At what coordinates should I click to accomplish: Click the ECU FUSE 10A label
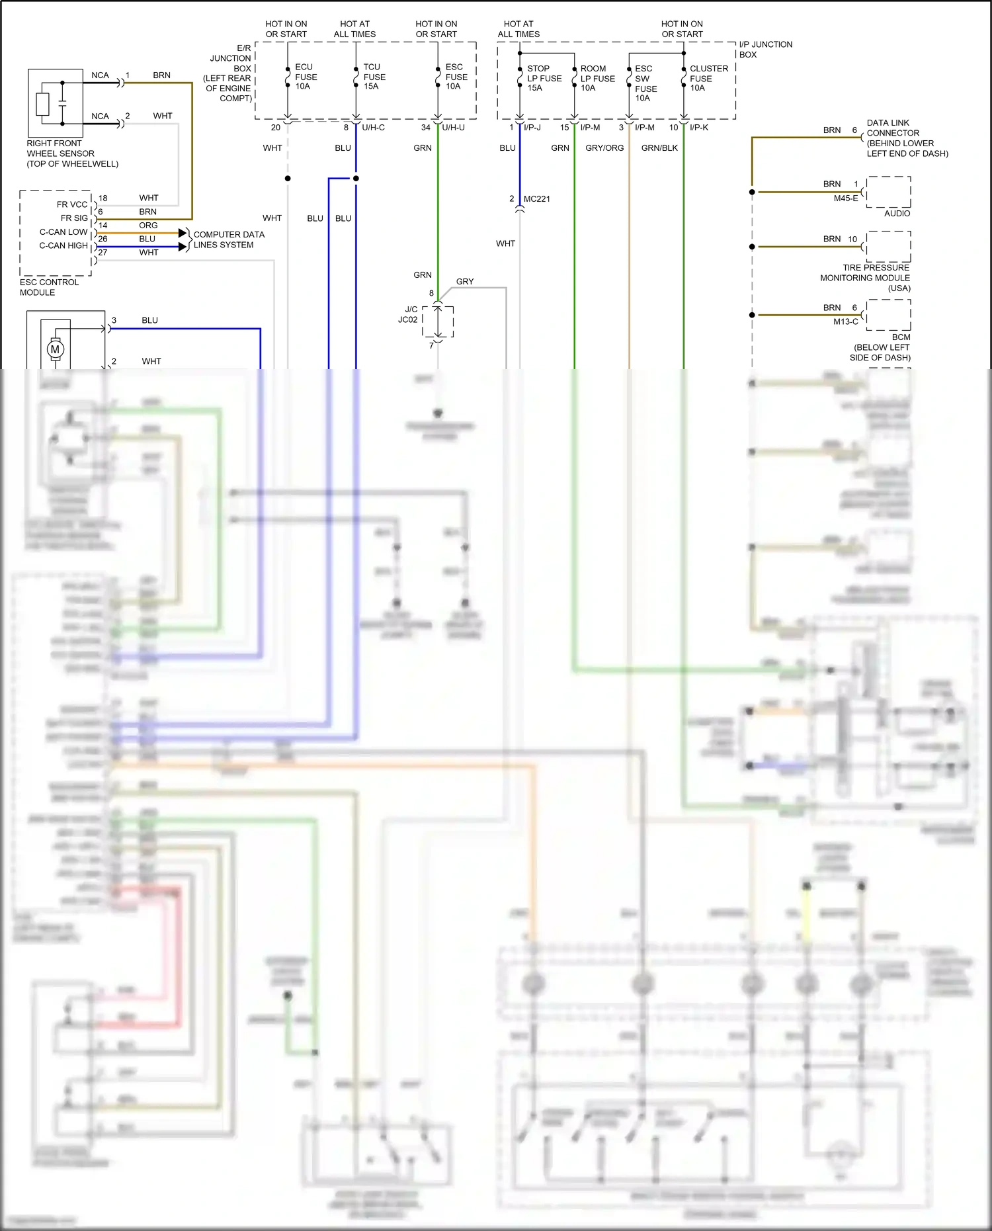pos(306,77)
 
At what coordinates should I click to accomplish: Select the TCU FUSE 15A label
pos(374,77)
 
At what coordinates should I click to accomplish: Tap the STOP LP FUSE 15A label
pos(544,78)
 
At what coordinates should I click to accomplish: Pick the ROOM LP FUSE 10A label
pos(597,78)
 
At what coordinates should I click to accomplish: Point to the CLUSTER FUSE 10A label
pos(708,78)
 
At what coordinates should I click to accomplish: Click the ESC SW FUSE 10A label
pos(645,83)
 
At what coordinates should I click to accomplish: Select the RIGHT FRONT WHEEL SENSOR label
pos(72,153)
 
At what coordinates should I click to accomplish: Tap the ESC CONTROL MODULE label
pos(49,287)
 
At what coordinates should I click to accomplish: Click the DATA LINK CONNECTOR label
pos(907,138)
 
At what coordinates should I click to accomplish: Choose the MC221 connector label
pos(536,199)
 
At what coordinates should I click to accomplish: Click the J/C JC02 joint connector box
pos(438,322)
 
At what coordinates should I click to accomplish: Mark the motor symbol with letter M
pos(55,349)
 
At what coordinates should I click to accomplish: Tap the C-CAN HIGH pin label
pos(63,245)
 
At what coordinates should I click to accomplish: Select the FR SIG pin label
pos(74,218)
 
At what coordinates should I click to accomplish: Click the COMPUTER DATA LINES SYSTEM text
pos(228,239)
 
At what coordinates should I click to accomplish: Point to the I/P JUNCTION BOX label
pos(765,50)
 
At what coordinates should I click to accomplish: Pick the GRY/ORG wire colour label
pos(604,148)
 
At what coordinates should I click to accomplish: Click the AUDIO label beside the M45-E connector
pos(897,214)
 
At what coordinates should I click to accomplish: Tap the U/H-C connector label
pos(373,128)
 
